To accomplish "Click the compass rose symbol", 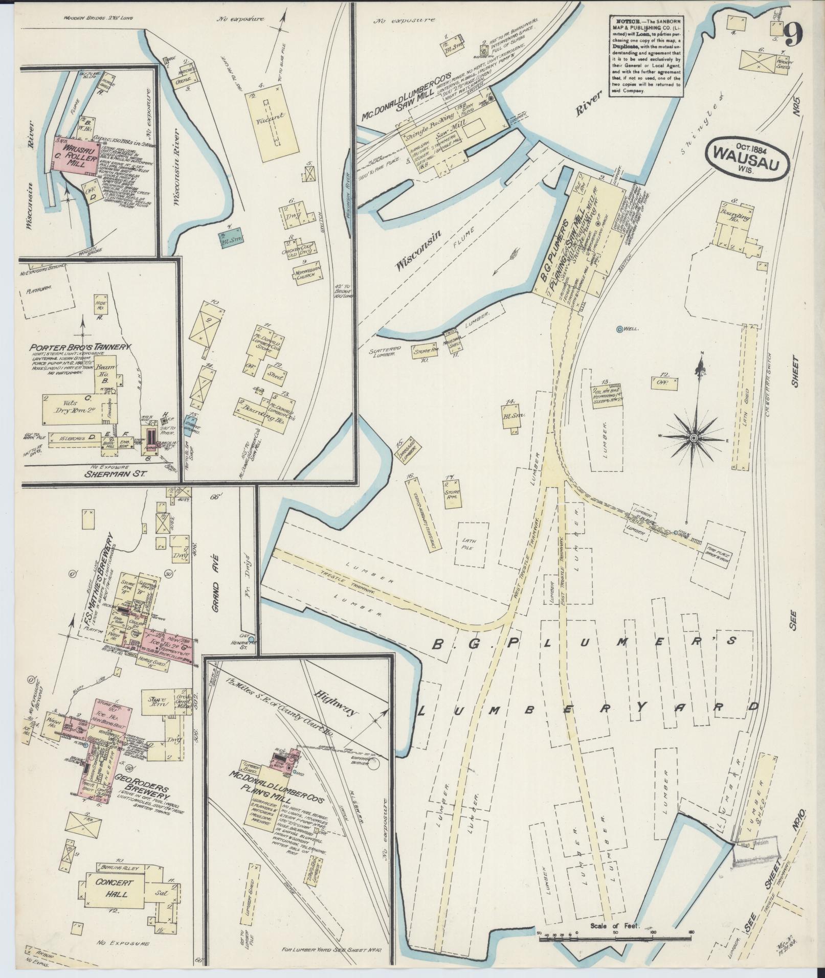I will (x=694, y=438).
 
